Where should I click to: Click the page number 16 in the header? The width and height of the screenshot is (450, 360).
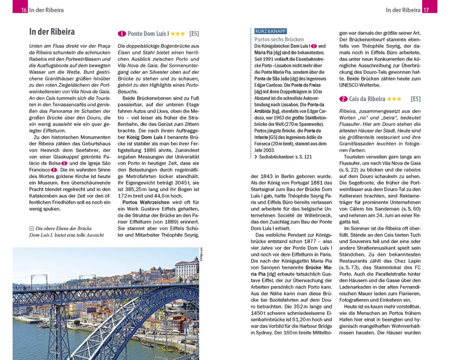tap(24, 10)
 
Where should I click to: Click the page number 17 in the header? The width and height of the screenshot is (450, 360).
tap(426, 10)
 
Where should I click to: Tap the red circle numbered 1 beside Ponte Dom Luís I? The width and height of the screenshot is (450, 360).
tap(121, 34)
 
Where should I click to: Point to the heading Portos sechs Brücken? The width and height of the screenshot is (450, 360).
tap(279, 39)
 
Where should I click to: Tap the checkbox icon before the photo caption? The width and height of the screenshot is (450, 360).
tap(31, 228)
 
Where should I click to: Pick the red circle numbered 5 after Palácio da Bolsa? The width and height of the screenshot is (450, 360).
tap(65, 163)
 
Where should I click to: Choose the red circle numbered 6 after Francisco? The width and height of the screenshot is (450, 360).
tap(54, 170)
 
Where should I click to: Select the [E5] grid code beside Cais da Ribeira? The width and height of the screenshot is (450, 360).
tap(415, 99)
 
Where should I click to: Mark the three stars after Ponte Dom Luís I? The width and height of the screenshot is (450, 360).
tap(177, 34)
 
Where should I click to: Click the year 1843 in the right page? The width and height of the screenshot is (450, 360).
tap(268, 176)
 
